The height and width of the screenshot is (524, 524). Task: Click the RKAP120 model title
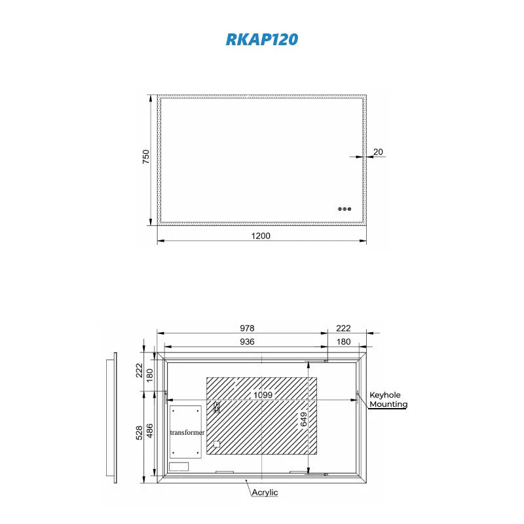[x=262, y=39]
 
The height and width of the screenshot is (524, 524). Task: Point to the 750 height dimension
[x=147, y=157]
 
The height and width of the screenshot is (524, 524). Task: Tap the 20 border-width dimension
[x=378, y=152]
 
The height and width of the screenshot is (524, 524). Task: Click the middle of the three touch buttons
[x=345, y=209]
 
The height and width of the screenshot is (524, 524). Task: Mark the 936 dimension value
[x=246, y=342]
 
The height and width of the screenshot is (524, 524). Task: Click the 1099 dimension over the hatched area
[x=263, y=395]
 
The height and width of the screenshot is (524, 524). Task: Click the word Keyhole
[x=385, y=395]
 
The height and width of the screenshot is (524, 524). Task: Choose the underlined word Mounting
[x=388, y=405]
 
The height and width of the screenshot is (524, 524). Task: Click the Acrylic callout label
[x=265, y=492]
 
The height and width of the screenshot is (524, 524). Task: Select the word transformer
[x=187, y=433]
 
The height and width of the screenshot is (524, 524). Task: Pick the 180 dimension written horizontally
[x=343, y=342]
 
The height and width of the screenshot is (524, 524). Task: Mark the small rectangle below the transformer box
[x=179, y=467]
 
